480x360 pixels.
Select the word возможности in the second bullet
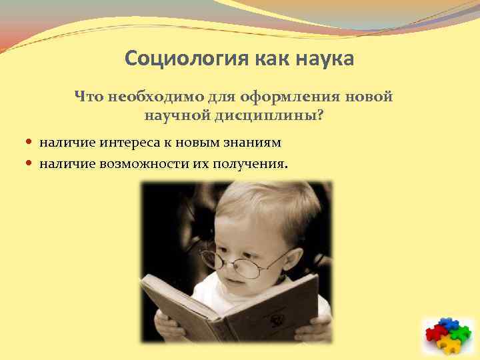pyautogui.click(x=136, y=163)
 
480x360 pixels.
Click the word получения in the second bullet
pyautogui.click(x=249, y=163)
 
